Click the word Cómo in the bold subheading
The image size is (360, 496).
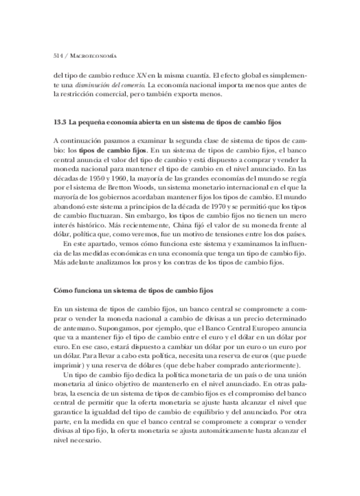click(62, 291)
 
